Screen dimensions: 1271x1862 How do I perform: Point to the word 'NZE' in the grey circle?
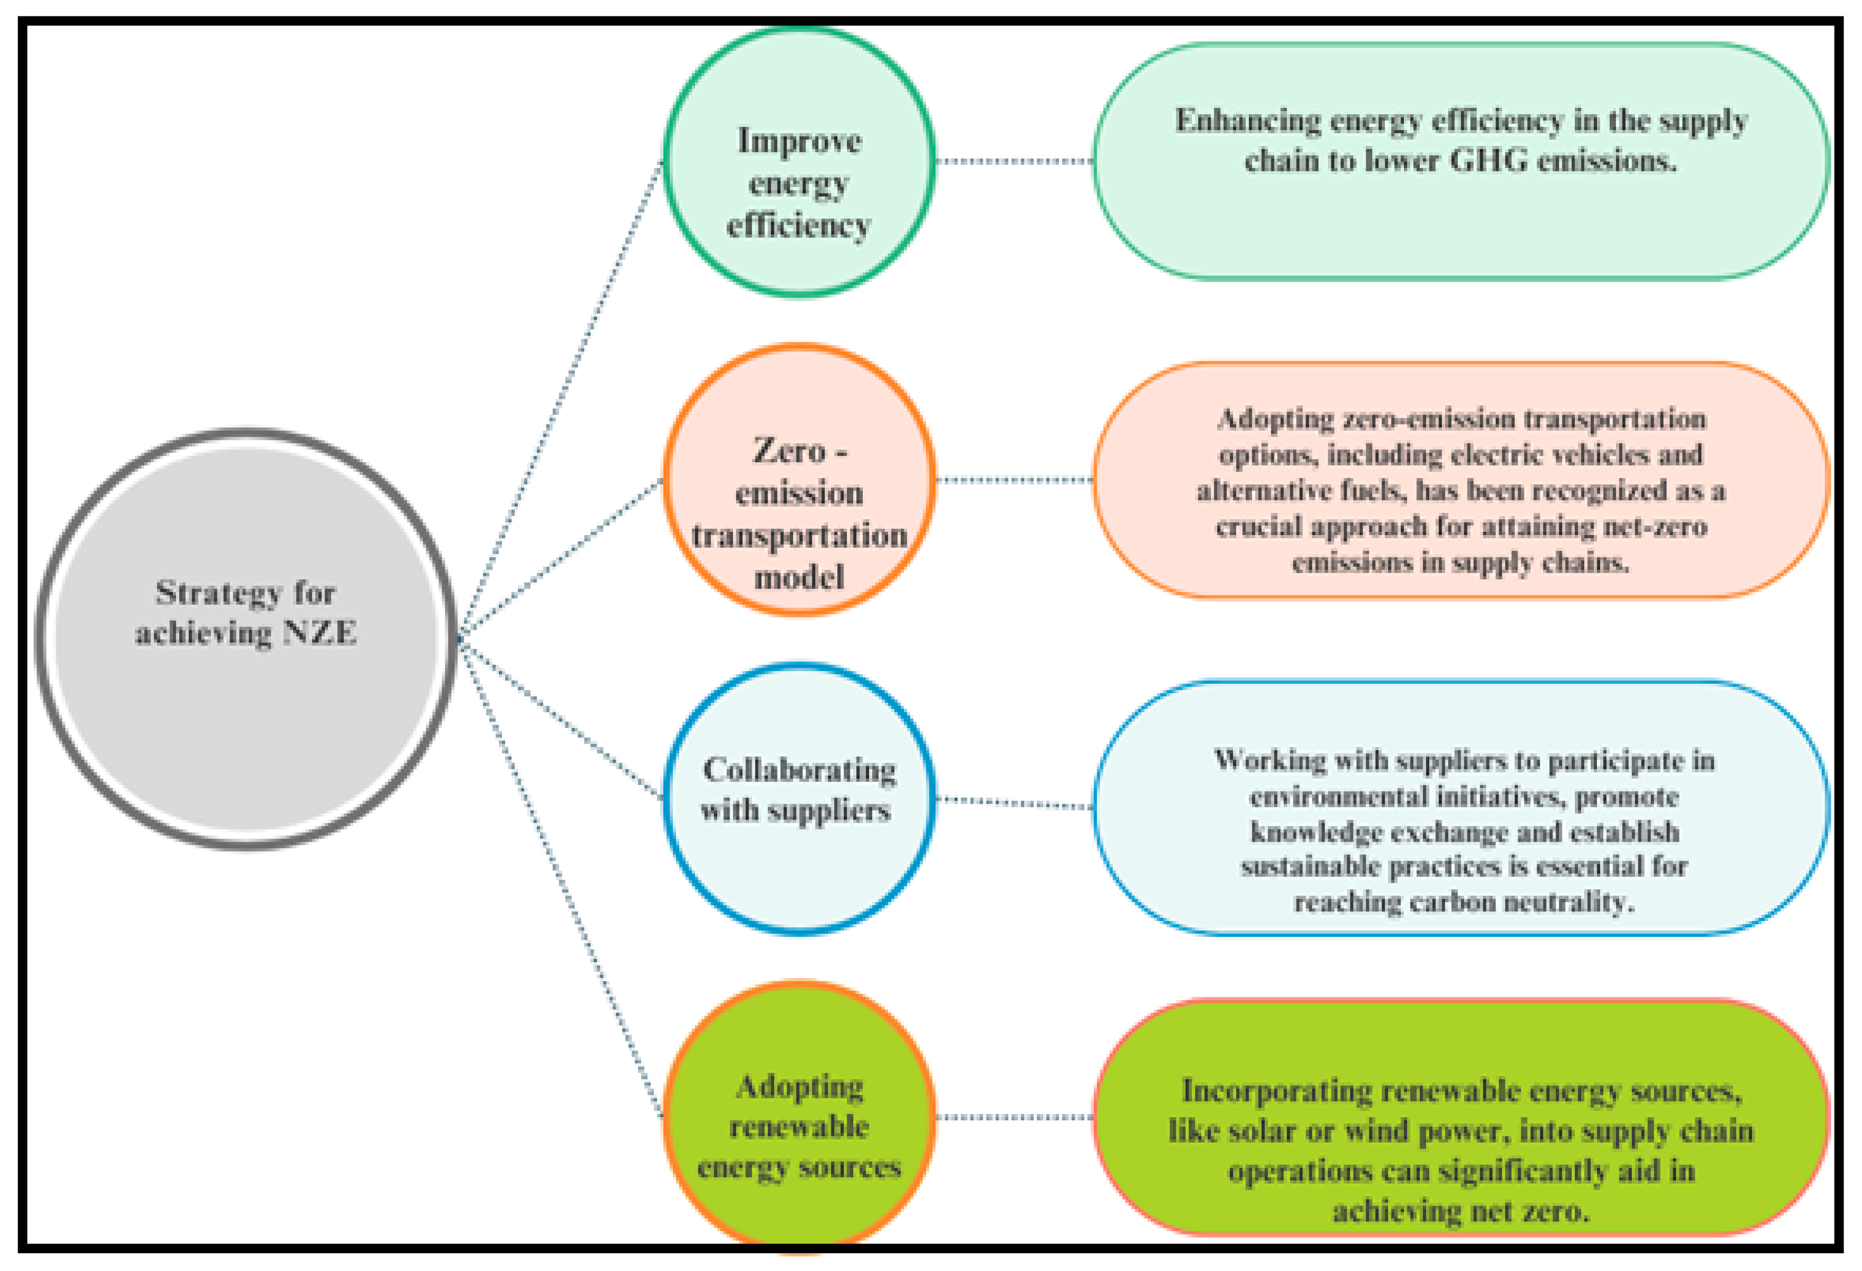pyautogui.click(x=319, y=633)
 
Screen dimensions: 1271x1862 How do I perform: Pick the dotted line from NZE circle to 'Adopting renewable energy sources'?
pyautogui.click(x=561, y=881)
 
